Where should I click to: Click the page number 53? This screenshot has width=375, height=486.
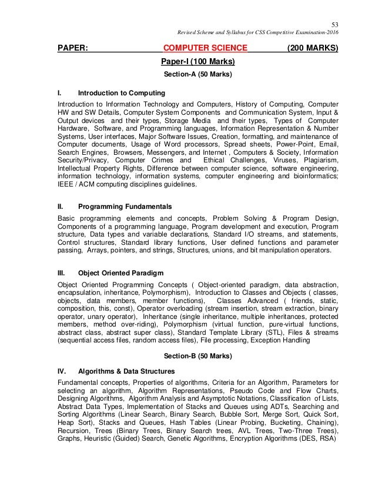336,23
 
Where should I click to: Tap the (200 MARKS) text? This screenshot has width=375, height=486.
313,49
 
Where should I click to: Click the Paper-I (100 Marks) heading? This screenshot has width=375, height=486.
198,62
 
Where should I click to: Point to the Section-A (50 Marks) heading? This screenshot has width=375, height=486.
197,75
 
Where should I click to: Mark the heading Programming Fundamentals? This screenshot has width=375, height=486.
125,207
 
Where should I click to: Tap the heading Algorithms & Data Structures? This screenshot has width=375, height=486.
126,371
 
